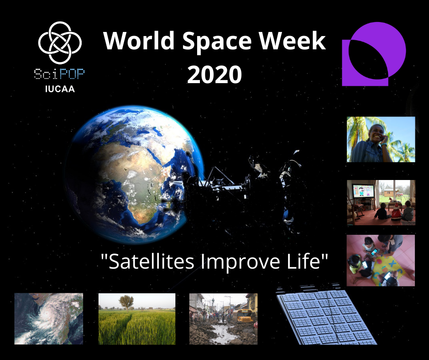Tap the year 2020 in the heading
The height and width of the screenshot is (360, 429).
click(214, 74)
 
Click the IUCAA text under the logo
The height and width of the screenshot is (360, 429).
click(60, 89)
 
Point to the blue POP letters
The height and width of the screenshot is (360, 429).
click(72, 74)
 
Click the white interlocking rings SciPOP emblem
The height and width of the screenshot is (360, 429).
click(60, 42)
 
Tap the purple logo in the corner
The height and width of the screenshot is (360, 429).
click(374, 54)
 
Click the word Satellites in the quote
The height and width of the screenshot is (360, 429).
click(151, 261)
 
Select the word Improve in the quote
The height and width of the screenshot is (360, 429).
click(241, 263)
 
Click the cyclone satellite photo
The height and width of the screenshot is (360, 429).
click(49, 318)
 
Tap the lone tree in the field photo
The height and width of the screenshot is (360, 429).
click(126, 302)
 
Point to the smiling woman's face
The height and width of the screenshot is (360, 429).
click(377, 133)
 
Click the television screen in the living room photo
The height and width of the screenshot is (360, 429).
click(363, 191)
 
